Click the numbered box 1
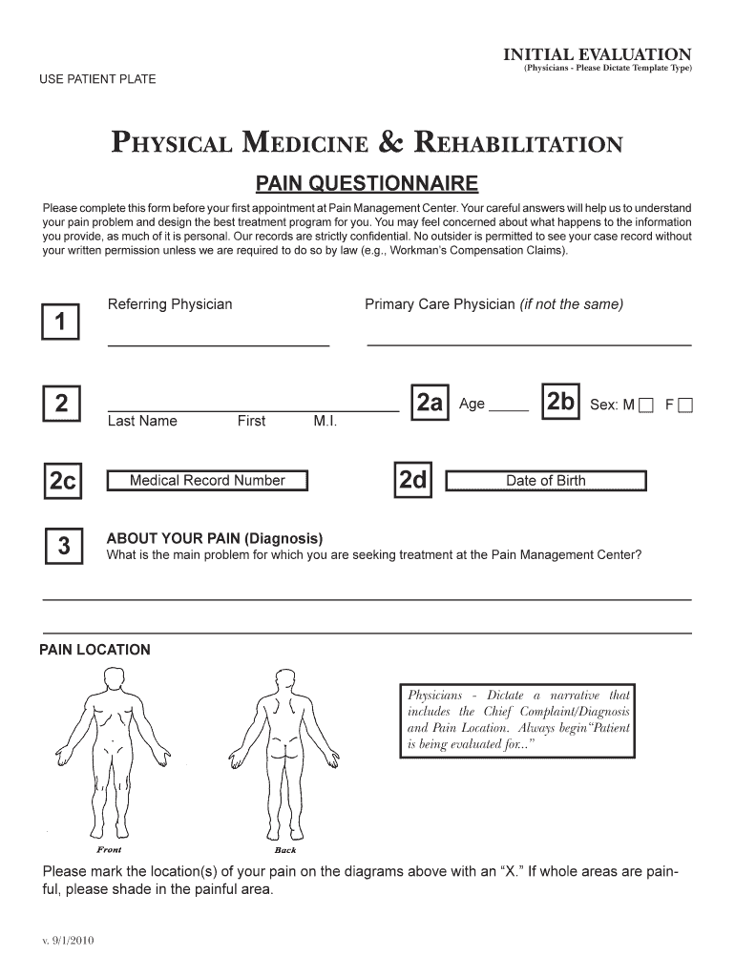tap(60, 322)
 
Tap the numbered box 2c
tap(63, 482)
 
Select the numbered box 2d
tap(412, 481)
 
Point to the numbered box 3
tap(63, 547)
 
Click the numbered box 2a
tap(429, 404)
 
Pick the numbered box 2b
tap(559, 404)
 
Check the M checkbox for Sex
tap(647, 405)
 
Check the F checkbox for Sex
tap(684, 405)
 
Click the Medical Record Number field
tap(207, 481)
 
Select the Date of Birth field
tap(546, 481)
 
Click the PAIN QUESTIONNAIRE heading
tap(367, 182)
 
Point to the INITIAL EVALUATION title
tap(598, 54)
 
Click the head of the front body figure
tap(113, 679)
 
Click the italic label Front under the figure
tap(109, 848)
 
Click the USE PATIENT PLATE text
tap(97, 78)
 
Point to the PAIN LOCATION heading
tap(94, 650)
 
